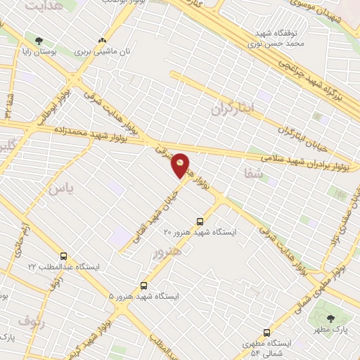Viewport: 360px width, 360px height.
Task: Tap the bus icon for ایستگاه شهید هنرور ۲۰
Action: [201, 221]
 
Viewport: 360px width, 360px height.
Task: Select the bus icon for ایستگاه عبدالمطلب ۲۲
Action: [65, 257]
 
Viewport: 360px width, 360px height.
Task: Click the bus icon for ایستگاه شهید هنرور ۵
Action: [144, 286]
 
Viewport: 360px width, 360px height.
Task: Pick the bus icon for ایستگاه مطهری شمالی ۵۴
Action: [266, 333]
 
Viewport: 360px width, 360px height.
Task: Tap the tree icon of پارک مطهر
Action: [330, 319]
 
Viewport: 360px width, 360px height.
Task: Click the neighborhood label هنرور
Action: [167, 252]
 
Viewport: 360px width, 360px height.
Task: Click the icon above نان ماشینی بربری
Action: [103, 41]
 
